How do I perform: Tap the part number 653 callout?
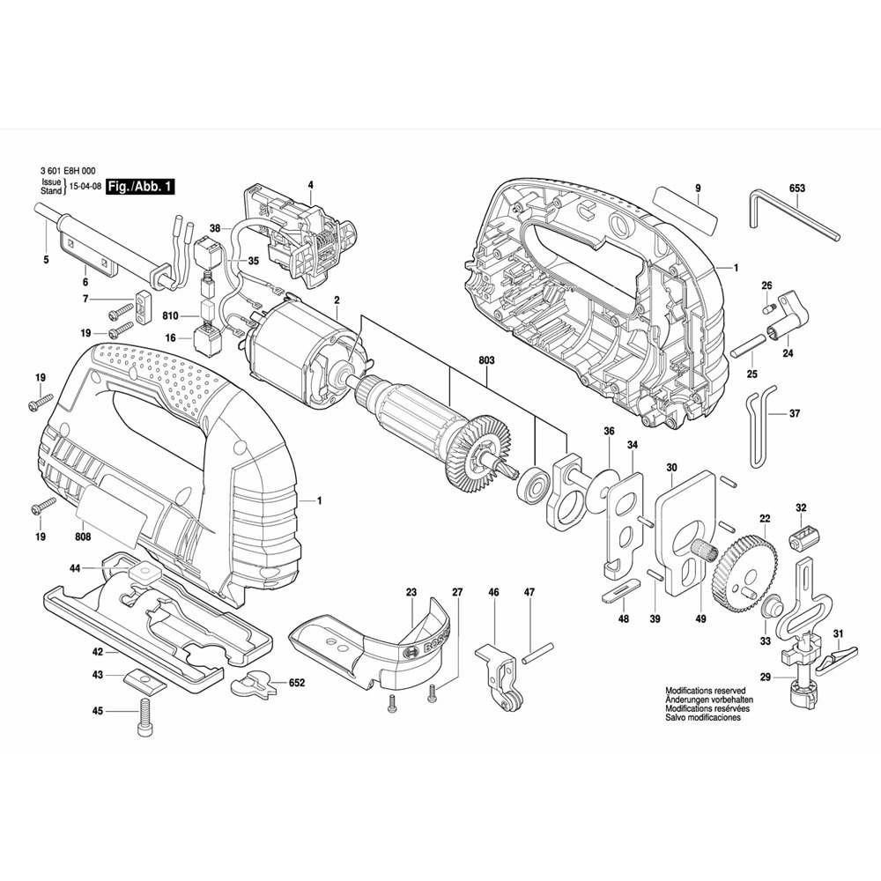pos(797,188)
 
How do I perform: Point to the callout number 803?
pos(487,360)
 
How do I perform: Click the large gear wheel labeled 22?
pos(748,564)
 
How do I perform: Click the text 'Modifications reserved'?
pos(705,691)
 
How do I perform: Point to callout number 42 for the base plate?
pos(98,652)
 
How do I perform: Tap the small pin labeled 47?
pos(537,654)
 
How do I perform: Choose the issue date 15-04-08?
pos(83,187)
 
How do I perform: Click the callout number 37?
pos(795,413)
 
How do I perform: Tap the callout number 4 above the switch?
pos(310,185)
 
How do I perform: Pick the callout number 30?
pos(672,467)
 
